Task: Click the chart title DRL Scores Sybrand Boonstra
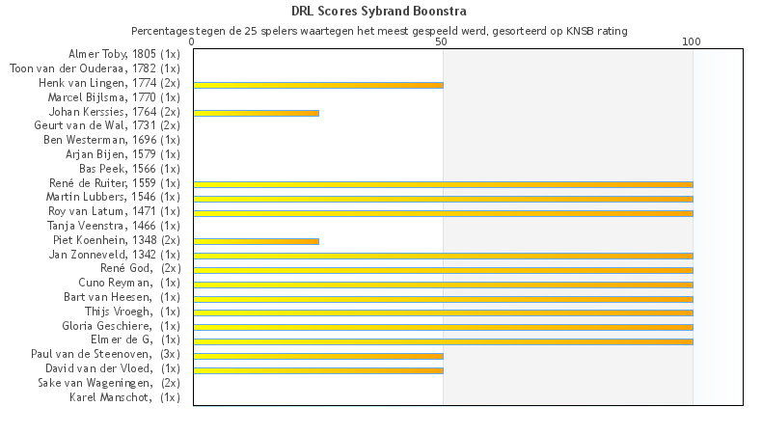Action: pos(379,12)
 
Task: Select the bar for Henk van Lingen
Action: pos(318,85)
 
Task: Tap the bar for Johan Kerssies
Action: pos(256,113)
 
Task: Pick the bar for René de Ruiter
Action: pos(443,184)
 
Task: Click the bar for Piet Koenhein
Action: pos(256,241)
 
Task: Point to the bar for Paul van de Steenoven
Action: pos(318,356)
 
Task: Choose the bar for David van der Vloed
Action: pos(318,369)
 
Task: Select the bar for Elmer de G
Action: pos(443,341)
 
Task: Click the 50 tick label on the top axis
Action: pos(442,42)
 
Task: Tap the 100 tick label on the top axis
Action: pos(692,42)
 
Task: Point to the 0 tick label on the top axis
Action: pos(193,42)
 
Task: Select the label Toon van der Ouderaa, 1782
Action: pos(94,68)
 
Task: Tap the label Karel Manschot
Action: pos(124,397)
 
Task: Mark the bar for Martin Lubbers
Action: pos(443,199)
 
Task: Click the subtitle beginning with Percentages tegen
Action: pos(379,31)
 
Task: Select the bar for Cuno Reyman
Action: pos(443,285)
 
